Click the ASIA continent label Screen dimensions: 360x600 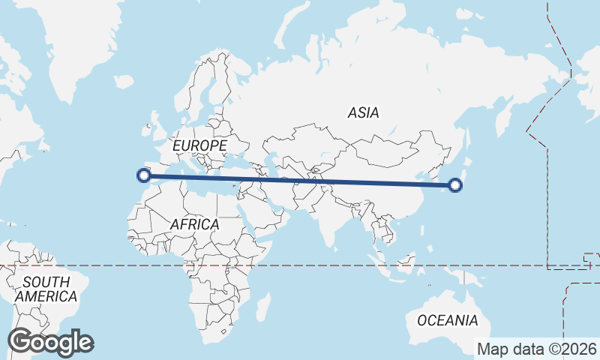point(364,113)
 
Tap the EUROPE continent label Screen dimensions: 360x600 point(199,145)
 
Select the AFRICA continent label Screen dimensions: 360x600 point(194,224)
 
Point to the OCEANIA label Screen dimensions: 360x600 point(447,320)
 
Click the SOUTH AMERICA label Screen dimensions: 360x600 point(46,289)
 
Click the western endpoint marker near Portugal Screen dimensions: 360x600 point(143,176)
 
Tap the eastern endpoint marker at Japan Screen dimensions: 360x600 point(454,184)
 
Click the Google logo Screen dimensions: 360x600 point(50,342)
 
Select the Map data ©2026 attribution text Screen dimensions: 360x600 point(536,349)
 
